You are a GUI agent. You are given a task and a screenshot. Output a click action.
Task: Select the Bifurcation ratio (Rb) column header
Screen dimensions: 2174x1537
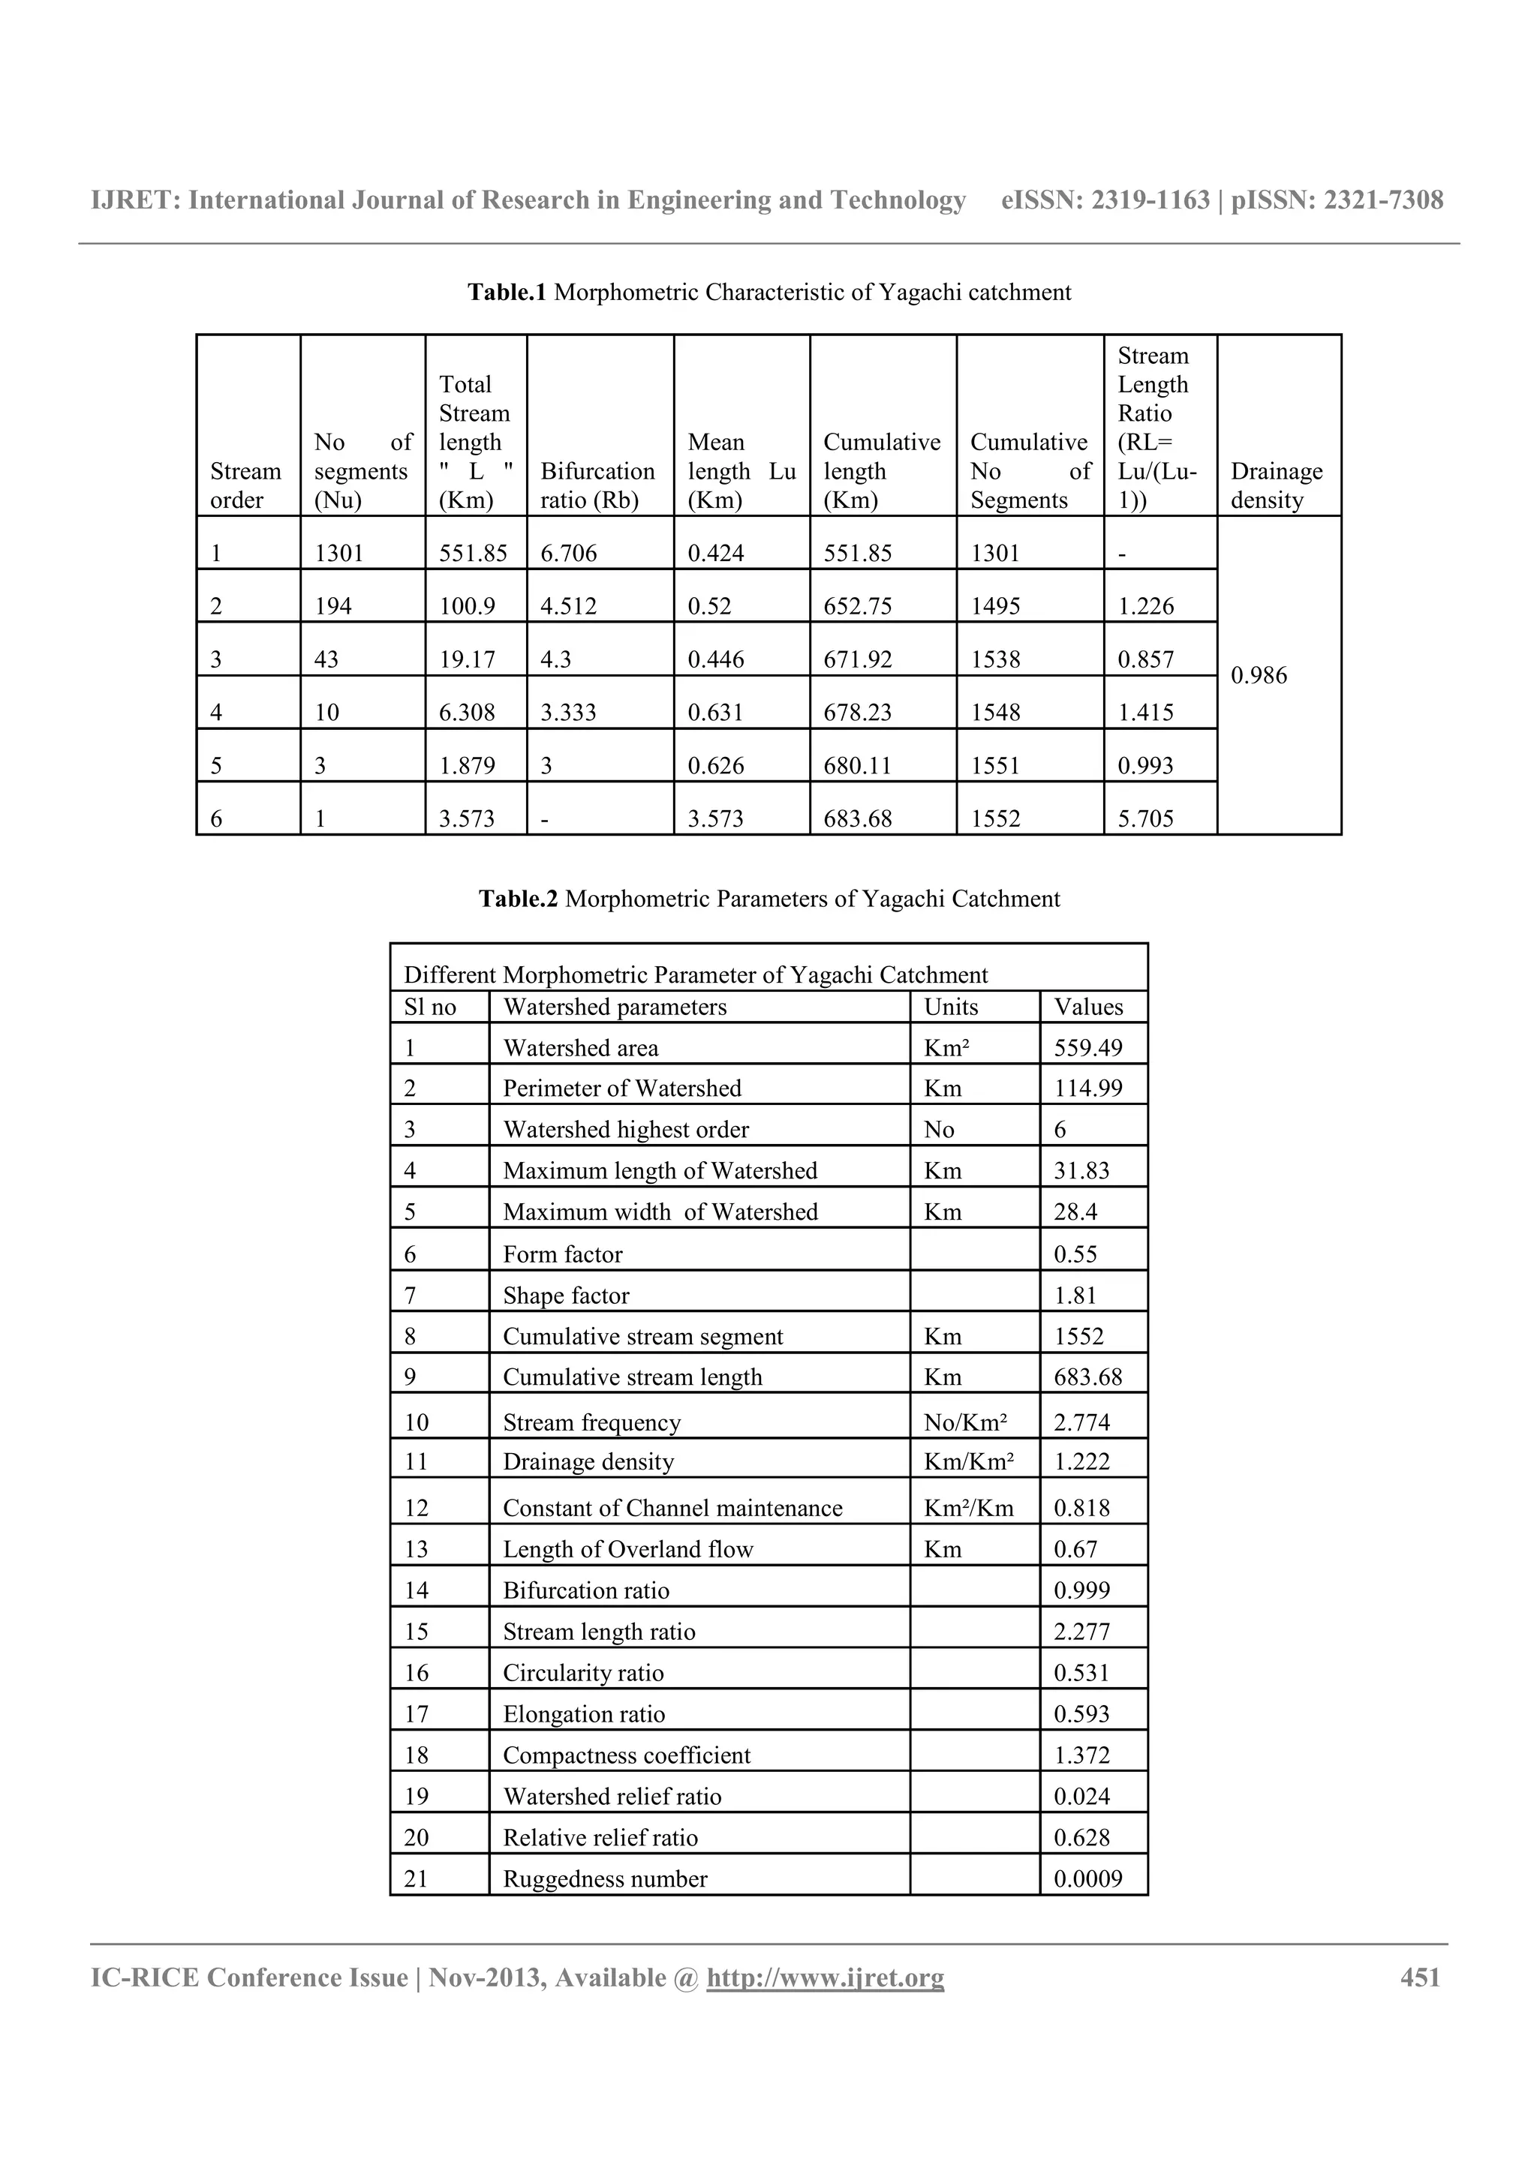coord(597,485)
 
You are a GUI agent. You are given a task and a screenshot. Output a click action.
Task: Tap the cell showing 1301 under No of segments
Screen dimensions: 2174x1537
coord(339,553)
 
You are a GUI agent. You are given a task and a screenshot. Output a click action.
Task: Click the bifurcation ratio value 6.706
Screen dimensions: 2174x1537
coord(569,553)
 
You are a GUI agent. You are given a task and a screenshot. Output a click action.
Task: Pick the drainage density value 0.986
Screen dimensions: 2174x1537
coord(1259,675)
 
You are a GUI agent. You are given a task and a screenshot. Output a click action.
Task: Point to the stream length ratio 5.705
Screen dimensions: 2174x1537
coord(1146,818)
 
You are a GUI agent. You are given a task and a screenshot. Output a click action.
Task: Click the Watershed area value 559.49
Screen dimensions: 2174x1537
coord(1088,1047)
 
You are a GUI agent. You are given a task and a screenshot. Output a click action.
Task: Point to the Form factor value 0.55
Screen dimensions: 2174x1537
coord(1075,1254)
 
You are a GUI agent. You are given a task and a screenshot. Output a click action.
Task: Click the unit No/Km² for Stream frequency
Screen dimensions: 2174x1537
coord(966,1422)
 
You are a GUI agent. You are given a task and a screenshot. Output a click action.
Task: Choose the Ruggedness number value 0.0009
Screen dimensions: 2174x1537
coord(1088,1878)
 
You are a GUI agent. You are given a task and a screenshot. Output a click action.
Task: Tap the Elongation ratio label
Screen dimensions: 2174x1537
coord(585,1714)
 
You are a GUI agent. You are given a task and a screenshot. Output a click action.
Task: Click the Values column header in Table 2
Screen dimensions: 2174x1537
coord(1089,1007)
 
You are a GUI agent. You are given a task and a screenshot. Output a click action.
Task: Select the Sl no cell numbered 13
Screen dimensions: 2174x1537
coord(417,1549)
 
